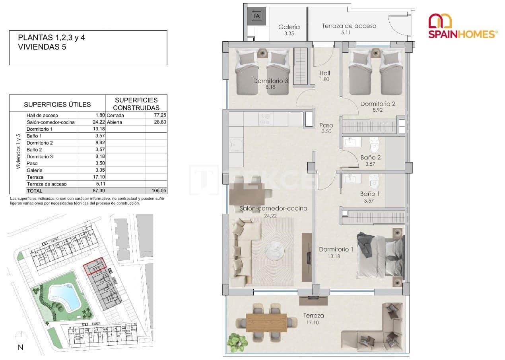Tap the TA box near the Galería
click(x=256, y=17)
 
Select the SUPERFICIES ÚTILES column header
click(x=57, y=105)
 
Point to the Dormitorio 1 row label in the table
click(x=39, y=129)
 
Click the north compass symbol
click(x=19, y=337)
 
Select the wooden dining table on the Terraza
click(x=266, y=322)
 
